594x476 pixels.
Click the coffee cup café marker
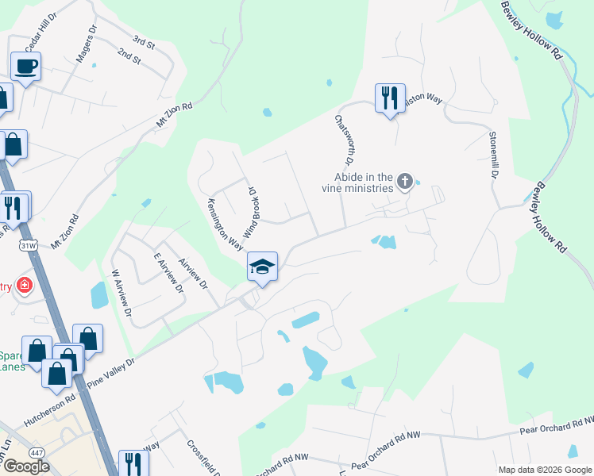pos(25,67)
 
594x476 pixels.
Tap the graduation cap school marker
pos(262,267)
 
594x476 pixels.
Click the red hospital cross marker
pos(25,286)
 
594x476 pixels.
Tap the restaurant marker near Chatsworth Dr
pos(389,98)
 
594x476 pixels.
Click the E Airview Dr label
pos(169,273)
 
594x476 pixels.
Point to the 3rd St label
pos(143,40)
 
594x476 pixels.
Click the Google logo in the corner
pos(26,466)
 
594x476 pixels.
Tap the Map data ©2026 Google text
pos(544,469)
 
